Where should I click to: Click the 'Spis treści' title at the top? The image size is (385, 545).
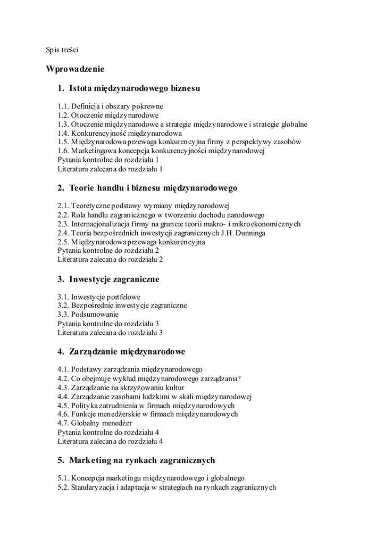tap(62, 50)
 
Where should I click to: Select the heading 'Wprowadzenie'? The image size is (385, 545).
tap(75, 69)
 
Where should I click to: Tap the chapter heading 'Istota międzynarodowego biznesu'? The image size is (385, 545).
tap(135, 87)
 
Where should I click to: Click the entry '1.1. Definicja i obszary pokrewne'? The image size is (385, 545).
tap(110, 106)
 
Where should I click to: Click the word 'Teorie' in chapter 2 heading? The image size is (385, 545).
tap(82, 188)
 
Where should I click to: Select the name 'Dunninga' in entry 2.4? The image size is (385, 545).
tap(250, 233)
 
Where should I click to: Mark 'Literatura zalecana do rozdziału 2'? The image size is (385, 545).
tap(110, 259)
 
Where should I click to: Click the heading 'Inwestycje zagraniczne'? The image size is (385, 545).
tap(114, 279)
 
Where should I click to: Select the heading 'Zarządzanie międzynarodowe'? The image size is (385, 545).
tap(127, 352)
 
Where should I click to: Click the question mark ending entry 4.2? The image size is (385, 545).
tap(239, 378)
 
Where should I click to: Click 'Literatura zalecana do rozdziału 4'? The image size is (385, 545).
tap(110, 441)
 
